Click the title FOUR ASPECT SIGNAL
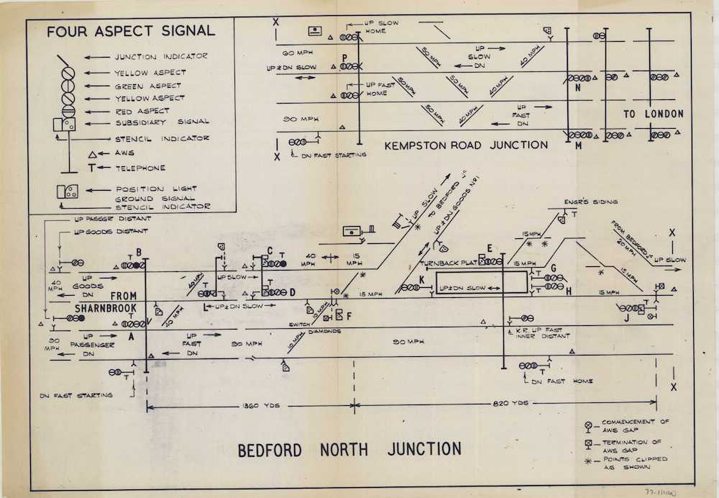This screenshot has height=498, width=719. pos(131,31)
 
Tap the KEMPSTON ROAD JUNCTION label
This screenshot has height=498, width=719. pos(466,145)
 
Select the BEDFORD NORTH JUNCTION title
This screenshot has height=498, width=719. pos(349,450)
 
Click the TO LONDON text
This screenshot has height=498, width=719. pos(653,114)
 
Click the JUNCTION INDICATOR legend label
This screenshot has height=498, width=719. pos(161,57)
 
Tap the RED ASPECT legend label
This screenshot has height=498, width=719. pos(142,111)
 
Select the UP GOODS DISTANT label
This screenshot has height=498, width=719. pos(111,231)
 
